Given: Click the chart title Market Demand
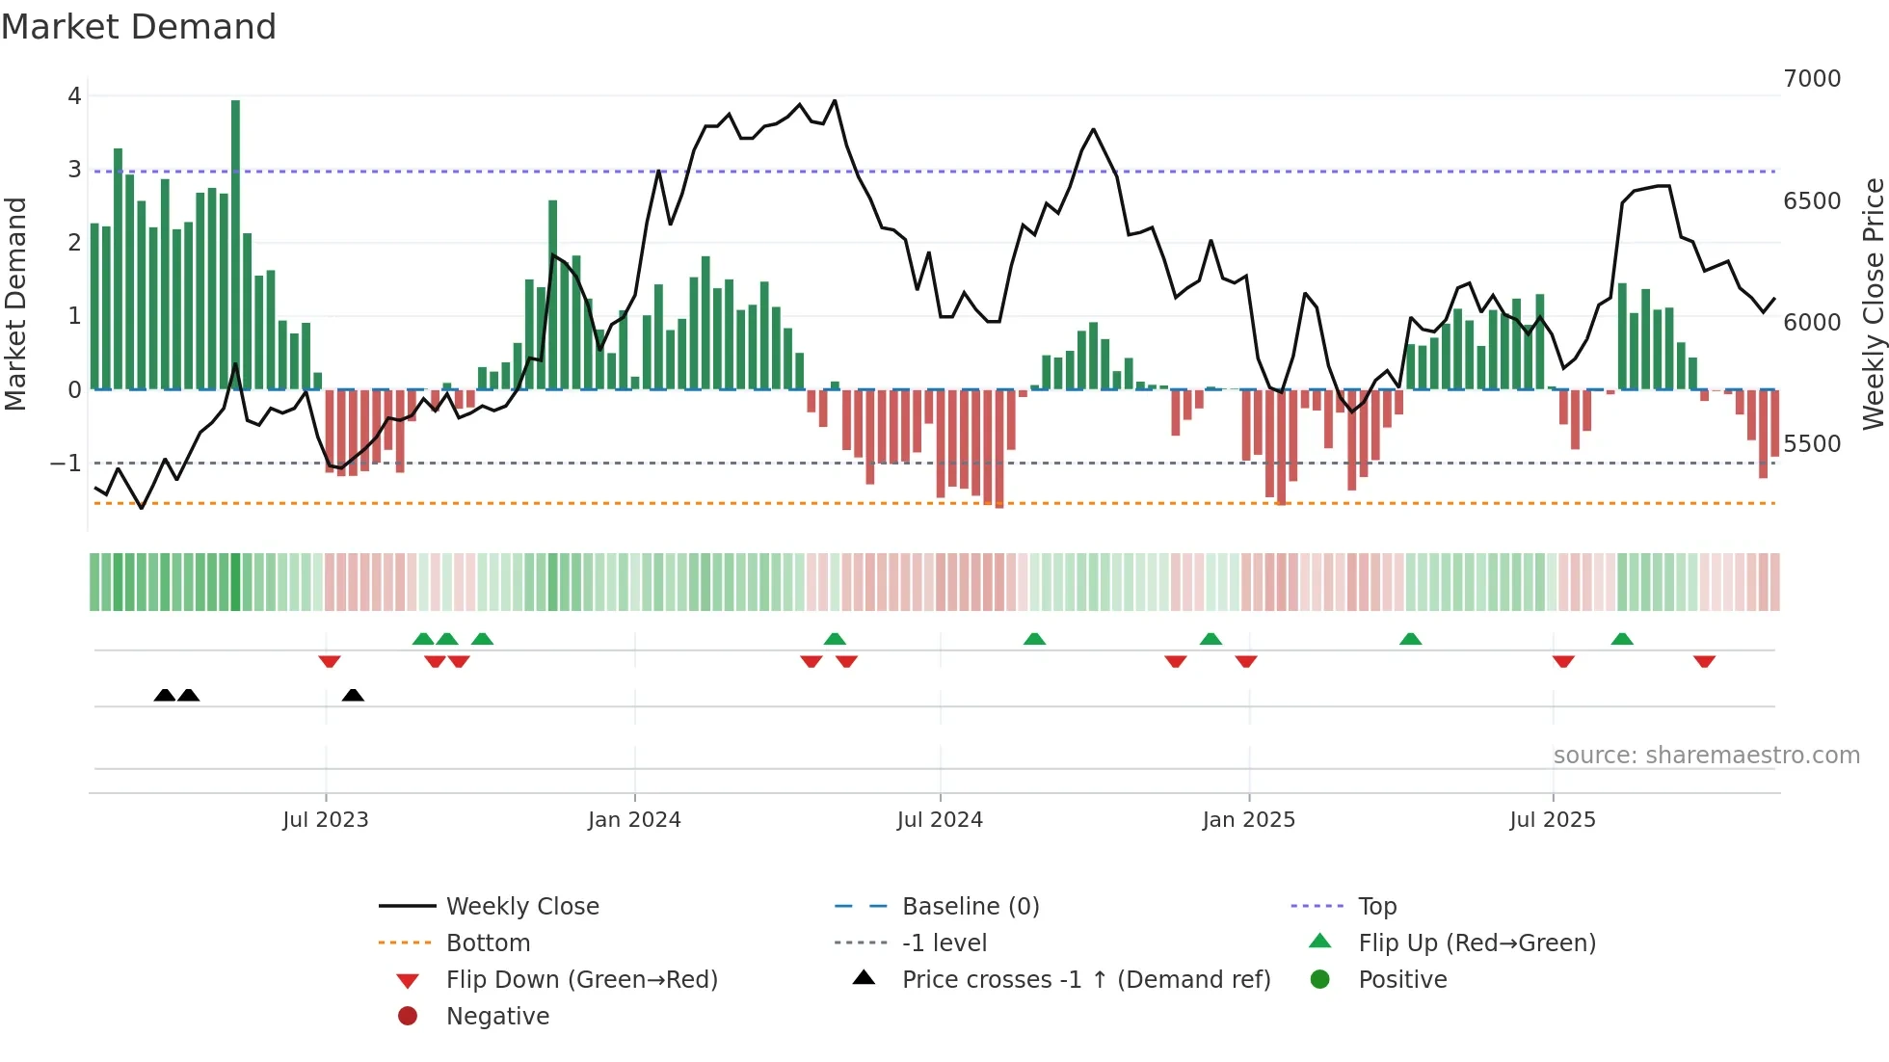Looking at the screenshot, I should click(x=139, y=27).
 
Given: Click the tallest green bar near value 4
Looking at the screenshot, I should click(x=235, y=241).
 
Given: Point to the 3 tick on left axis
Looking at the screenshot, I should click(x=74, y=170).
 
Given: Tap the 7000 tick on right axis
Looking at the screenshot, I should click(x=1811, y=79).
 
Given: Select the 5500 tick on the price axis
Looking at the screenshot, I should click(x=1811, y=444).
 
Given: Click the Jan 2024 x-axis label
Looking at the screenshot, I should click(x=634, y=820).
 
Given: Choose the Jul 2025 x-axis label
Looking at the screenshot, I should click(x=1552, y=820).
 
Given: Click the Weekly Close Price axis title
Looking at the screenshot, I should click(x=1873, y=304).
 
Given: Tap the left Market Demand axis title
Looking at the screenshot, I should click(x=15, y=304).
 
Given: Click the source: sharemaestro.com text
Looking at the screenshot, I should click(x=1706, y=756).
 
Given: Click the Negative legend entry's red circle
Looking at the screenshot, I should click(x=408, y=1017).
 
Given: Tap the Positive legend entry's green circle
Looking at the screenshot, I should click(x=1320, y=980).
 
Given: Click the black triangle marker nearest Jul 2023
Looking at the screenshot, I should click(x=353, y=696).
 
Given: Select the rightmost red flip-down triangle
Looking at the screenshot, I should click(x=1704, y=661).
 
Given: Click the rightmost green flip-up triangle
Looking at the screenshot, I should click(x=1622, y=639).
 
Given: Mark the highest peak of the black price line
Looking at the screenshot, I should click(x=835, y=101).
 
